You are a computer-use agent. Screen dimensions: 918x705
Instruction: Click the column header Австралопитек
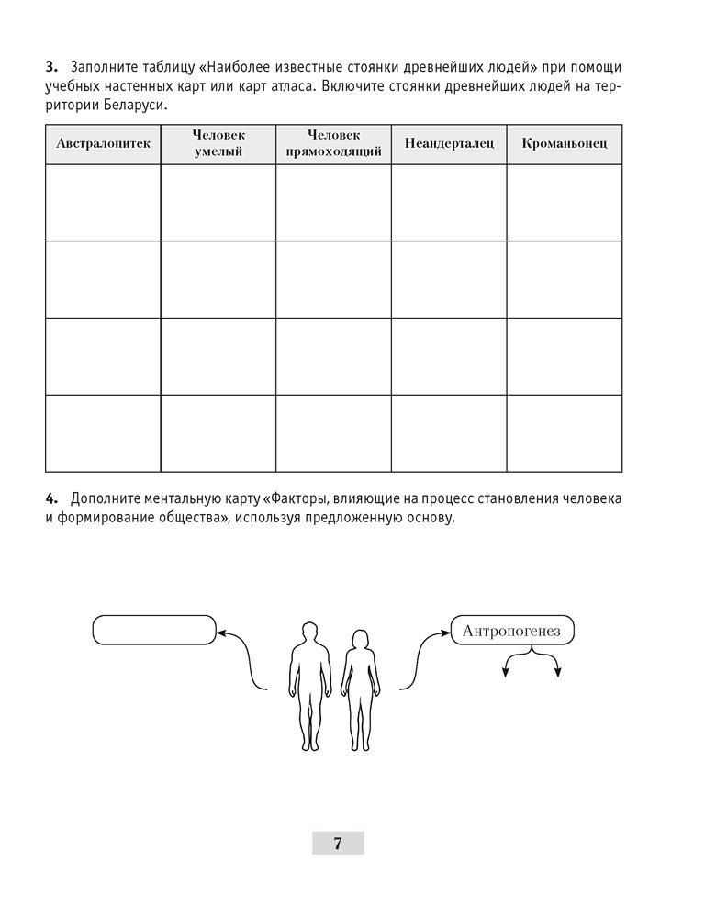coord(103,143)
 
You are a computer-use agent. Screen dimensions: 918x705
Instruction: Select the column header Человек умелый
coord(218,143)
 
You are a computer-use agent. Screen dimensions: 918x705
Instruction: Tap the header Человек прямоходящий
coord(333,143)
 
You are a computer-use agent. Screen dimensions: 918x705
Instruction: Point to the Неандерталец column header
coord(449,143)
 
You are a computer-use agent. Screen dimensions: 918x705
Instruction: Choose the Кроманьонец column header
coord(564,143)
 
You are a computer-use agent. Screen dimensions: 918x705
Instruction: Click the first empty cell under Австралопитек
coord(103,203)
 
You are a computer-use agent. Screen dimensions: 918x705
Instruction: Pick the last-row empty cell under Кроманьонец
coord(564,433)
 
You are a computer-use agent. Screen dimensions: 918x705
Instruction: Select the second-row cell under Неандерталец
coord(449,279)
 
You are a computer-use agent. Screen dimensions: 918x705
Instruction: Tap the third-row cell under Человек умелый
coord(218,356)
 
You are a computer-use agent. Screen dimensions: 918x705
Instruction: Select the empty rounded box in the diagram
coord(153,631)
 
